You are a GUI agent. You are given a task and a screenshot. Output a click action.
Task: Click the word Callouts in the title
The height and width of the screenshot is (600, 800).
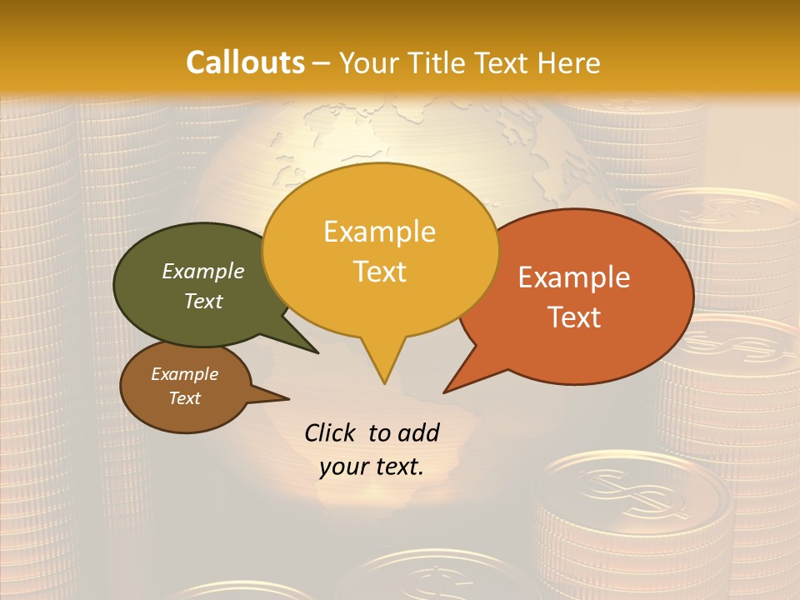(245, 62)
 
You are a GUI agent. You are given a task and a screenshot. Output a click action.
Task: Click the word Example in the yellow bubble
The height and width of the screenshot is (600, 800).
(379, 232)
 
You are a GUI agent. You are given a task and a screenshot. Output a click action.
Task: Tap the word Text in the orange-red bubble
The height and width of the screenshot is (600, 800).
(575, 317)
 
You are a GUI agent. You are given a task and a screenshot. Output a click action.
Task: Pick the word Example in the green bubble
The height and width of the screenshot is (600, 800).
(203, 271)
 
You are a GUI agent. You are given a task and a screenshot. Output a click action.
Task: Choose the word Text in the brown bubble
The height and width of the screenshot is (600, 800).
(185, 398)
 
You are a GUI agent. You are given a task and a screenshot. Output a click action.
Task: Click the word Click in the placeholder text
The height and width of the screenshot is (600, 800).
(330, 432)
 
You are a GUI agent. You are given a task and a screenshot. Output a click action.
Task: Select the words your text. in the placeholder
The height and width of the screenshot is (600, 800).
(372, 467)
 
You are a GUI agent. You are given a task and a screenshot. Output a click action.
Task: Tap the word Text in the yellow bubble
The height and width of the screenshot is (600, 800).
(380, 272)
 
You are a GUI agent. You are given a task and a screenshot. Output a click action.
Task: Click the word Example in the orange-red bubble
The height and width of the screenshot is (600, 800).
(574, 277)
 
